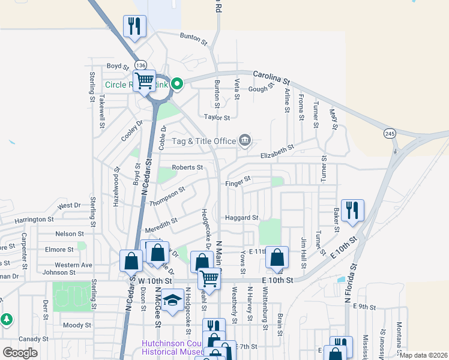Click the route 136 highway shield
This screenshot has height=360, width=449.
[x=140, y=65]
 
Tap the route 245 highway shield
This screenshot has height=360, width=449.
[x=391, y=134]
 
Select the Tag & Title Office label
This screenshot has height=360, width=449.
[x=204, y=141]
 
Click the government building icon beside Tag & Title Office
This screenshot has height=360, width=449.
[x=245, y=141]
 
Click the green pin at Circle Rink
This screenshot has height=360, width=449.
[x=177, y=85]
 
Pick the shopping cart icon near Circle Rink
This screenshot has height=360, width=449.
[x=144, y=80]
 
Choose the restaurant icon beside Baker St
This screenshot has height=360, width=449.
[x=352, y=210]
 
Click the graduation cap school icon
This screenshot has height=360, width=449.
[x=173, y=300]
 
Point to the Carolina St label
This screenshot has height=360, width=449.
[x=271, y=76]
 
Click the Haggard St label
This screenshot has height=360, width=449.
[x=241, y=218]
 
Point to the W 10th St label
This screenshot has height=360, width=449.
[x=155, y=280]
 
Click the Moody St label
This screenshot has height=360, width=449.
[x=76, y=325]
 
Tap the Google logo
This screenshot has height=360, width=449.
[x=20, y=353]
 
